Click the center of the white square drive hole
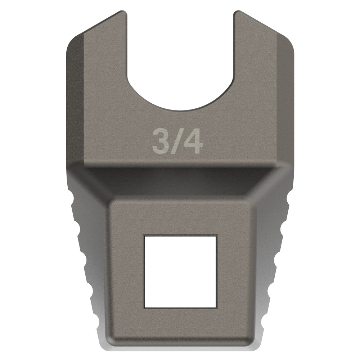click(x=180, y=272)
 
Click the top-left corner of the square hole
click(x=144, y=237)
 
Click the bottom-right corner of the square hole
click(x=216, y=307)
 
